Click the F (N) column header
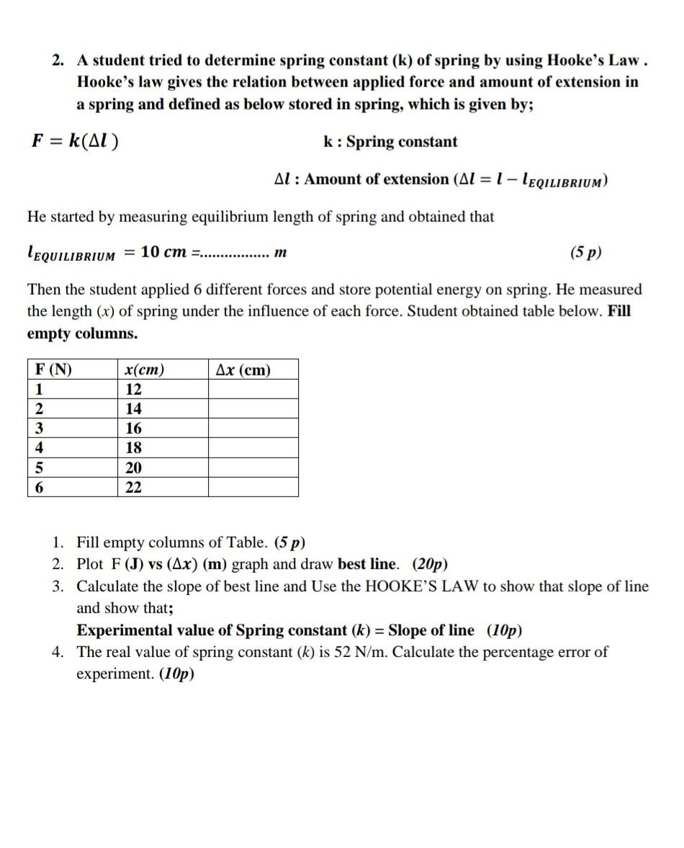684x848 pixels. (x=54, y=370)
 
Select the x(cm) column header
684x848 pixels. (x=144, y=370)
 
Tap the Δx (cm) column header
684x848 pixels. (x=243, y=370)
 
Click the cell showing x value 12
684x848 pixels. (x=134, y=390)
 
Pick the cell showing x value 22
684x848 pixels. (x=134, y=488)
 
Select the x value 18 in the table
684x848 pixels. (x=134, y=448)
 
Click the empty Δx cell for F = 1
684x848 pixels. (x=253, y=390)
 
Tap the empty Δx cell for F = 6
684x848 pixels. (x=253, y=488)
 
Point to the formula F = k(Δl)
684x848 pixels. (x=76, y=141)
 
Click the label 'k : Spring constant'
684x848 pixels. (x=390, y=142)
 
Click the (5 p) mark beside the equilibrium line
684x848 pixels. (x=585, y=253)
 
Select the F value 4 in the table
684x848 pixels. (x=40, y=448)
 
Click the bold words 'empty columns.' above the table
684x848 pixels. (x=82, y=334)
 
